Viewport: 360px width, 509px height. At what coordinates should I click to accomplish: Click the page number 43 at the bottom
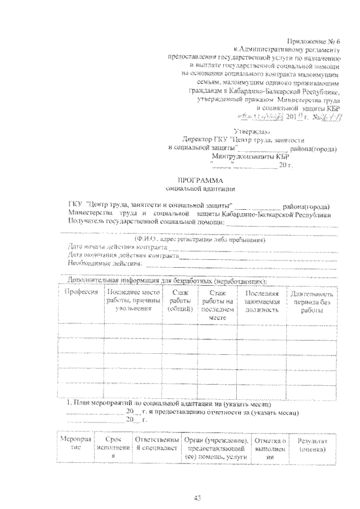(197, 497)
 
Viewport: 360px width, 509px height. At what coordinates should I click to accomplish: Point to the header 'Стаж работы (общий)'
(178, 301)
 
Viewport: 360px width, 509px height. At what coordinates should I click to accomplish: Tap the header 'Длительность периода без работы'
(310, 301)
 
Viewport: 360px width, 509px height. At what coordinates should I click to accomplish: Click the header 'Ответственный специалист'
(155, 442)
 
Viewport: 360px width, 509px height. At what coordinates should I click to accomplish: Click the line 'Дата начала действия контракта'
(117, 247)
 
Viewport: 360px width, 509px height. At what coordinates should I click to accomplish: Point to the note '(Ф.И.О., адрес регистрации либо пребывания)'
(200, 240)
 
